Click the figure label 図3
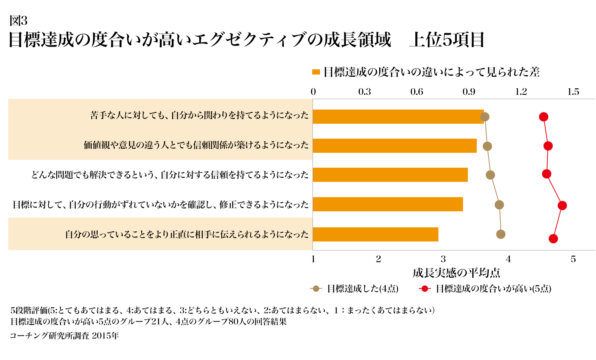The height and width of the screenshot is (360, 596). point(18,20)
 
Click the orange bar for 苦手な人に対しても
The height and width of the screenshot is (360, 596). point(398,117)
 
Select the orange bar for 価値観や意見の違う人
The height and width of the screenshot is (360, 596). point(394,146)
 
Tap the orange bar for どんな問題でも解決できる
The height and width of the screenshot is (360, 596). point(390,175)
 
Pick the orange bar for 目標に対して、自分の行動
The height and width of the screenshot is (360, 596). point(388,204)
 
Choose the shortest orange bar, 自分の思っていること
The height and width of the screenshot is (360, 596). point(375,234)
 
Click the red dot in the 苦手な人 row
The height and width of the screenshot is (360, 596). point(543,117)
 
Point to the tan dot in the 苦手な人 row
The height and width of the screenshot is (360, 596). point(485,117)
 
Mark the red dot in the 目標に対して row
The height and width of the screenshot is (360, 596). point(562,205)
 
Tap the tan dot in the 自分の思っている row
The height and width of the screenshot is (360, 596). point(501,234)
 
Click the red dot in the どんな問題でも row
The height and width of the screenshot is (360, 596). point(546,174)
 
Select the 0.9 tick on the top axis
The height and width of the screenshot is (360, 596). point(469,92)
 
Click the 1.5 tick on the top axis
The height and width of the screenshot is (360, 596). point(573,92)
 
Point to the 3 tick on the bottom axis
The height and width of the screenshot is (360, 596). point(443,259)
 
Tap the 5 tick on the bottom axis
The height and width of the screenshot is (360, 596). point(573,259)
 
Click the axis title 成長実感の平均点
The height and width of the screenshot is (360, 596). point(456,273)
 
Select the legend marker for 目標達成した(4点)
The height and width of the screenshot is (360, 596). point(316,288)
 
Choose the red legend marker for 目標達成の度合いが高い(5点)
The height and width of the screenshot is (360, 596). point(425,288)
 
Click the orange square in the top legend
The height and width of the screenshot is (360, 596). point(316,72)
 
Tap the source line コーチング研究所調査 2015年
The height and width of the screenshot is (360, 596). point(64,336)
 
